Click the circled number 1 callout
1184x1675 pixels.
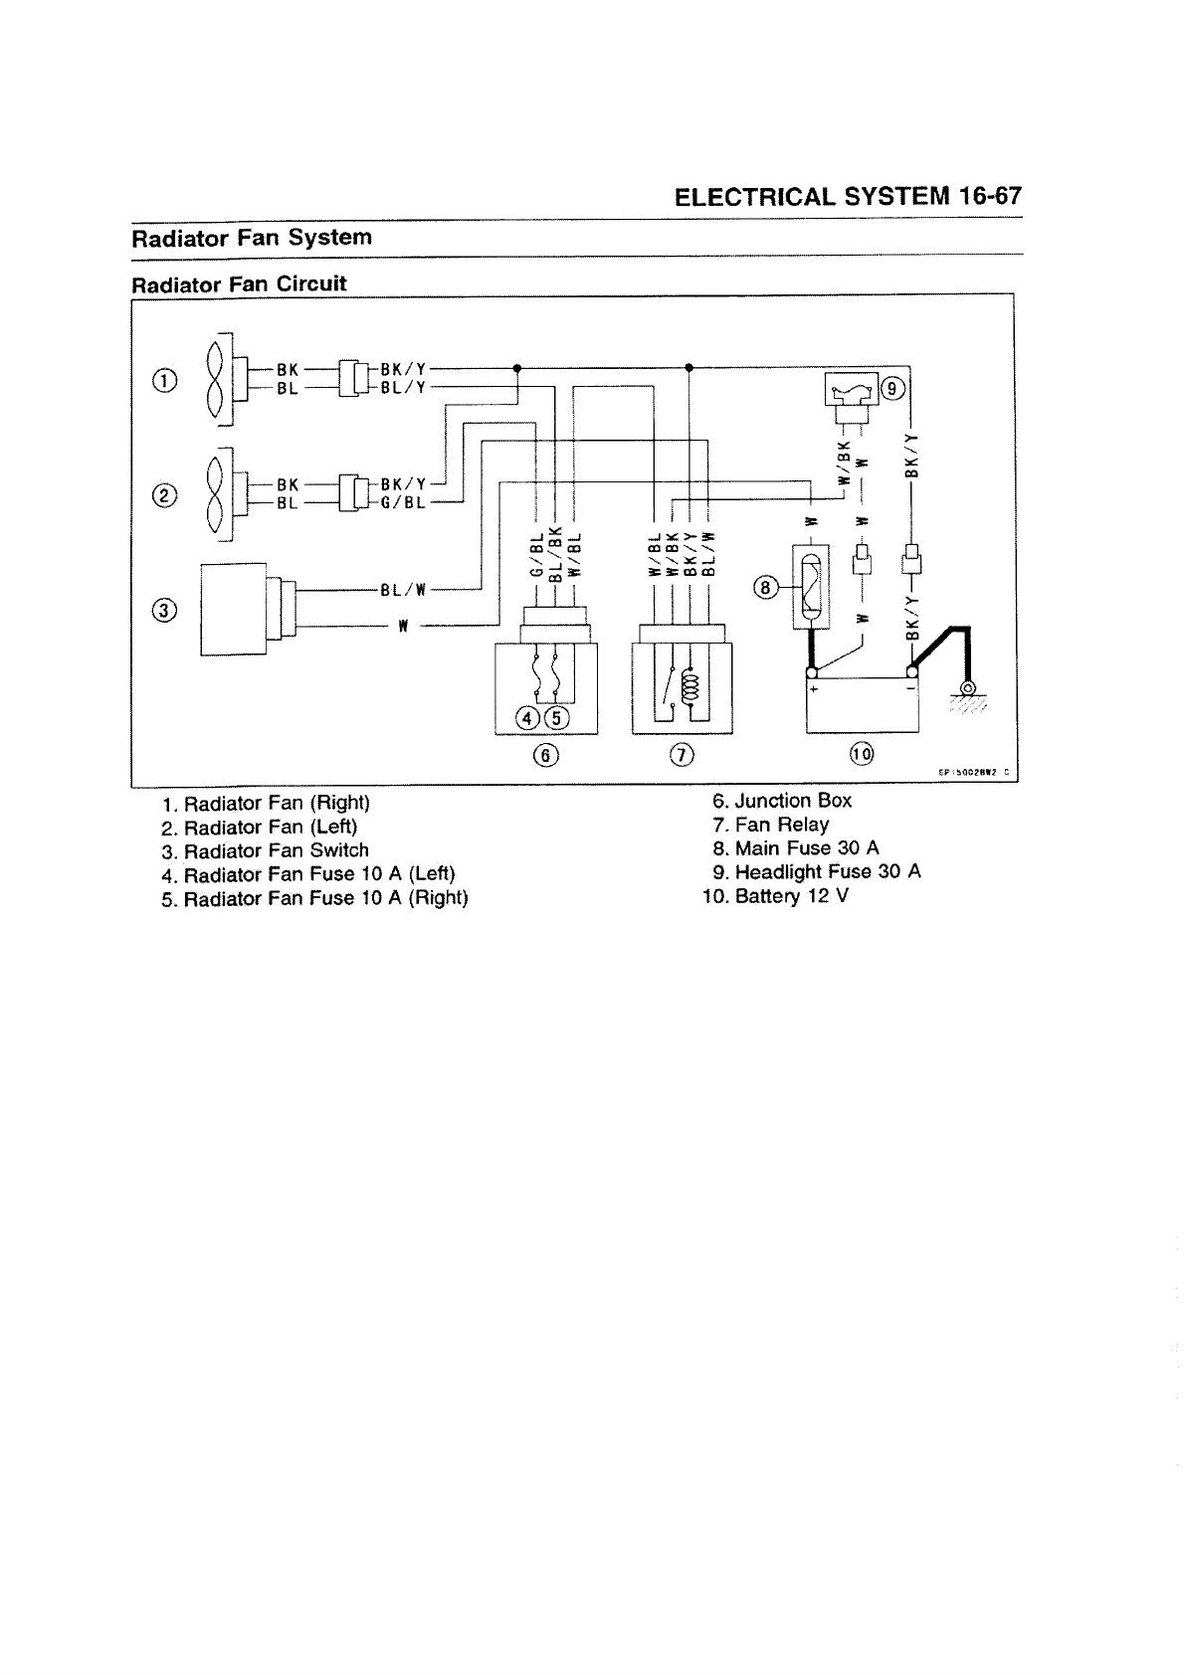coord(165,380)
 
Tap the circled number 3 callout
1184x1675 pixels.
coord(165,611)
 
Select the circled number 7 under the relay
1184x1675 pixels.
coord(682,755)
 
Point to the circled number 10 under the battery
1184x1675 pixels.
coord(861,755)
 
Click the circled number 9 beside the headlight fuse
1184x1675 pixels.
coord(892,389)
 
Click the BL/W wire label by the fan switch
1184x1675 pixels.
coord(403,590)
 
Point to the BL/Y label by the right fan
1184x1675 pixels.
coord(403,388)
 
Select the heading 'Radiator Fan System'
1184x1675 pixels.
coord(253,239)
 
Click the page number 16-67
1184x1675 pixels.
coord(990,195)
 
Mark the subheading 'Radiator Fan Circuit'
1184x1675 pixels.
coord(240,283)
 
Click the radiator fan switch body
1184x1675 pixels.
coord(234,609)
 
